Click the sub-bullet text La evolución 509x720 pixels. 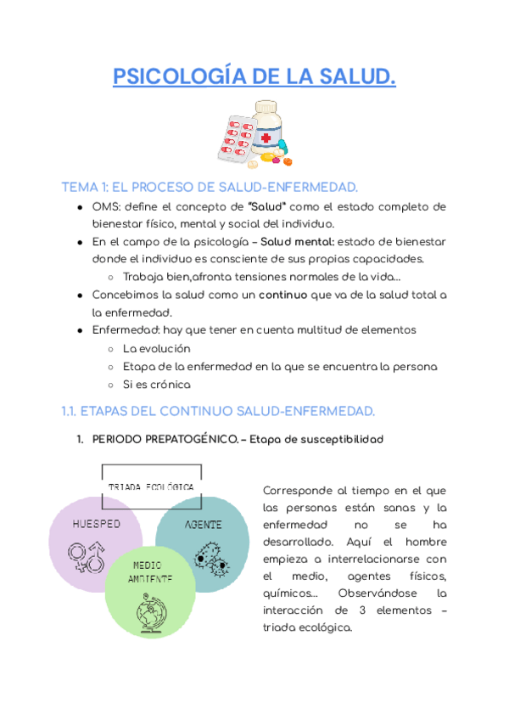click(157, 348)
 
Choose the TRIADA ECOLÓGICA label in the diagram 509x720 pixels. click(152, 487)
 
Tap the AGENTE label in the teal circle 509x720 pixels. click(204, 525)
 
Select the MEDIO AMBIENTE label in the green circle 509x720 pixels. click(150, 571)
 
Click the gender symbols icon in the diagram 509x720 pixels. click(87, 558)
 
